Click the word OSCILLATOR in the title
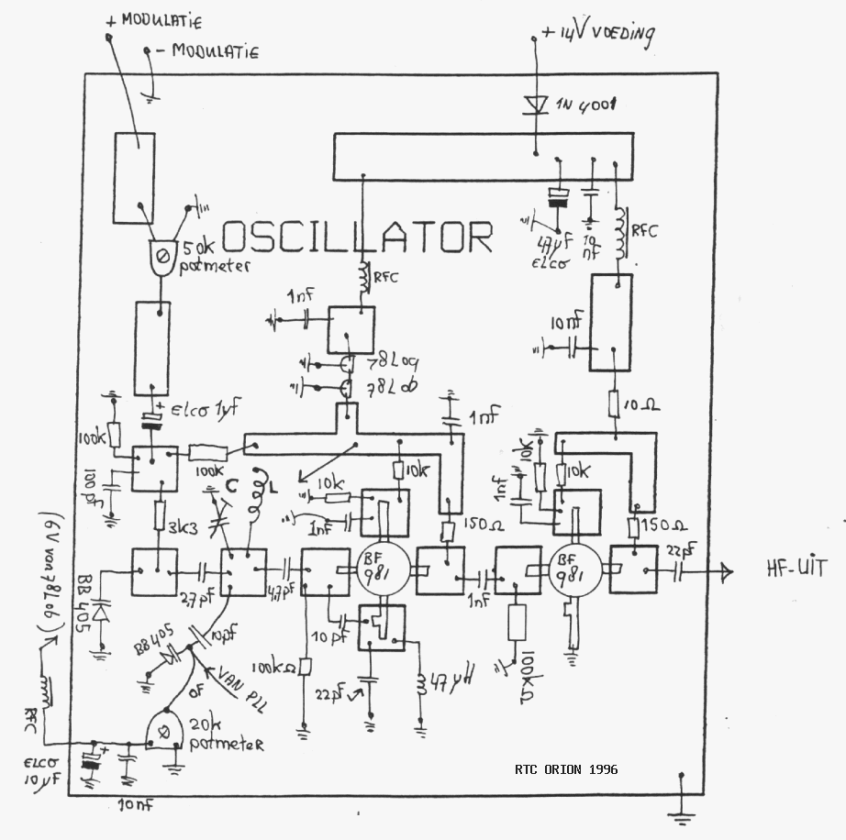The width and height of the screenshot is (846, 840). (358, 237)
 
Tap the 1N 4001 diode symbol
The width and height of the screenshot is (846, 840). (535, 104)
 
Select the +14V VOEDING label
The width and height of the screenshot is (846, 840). (597, 35)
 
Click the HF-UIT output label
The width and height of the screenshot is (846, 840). (796, 569)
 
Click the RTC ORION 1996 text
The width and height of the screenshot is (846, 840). (566, 768)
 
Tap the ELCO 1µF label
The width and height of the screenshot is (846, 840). (196, 410)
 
